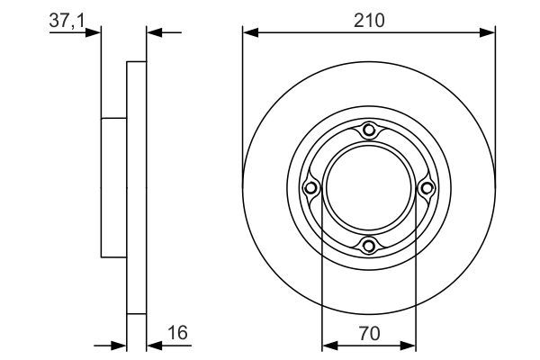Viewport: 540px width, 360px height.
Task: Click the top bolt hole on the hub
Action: tap(369, 130)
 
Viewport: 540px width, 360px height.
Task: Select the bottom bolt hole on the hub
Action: tap(369, 245)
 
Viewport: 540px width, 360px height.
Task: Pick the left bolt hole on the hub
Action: tap(311, 188)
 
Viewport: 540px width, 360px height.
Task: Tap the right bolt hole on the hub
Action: tap(427, 188)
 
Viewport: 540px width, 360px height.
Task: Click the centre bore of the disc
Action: tap(369, 188)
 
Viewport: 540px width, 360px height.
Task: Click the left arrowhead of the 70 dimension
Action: tap(328, 345)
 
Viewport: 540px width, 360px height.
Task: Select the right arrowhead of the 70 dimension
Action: tap(410, 345)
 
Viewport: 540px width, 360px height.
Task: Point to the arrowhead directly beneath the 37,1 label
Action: tap(94, 33)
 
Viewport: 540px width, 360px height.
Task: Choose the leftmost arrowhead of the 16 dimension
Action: tap(120, 345)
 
